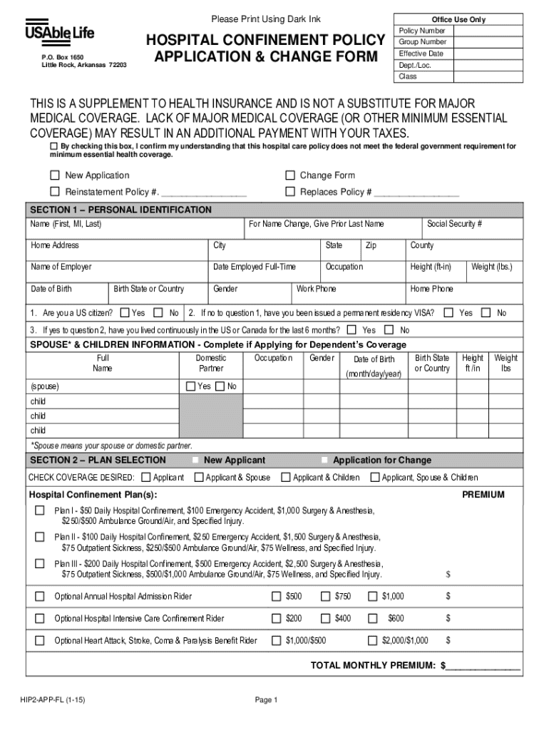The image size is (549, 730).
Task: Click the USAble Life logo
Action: click(x=60, y=34)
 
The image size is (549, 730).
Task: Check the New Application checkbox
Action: click(x=55, y=175)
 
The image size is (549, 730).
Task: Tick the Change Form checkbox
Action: click(x=290, y=175)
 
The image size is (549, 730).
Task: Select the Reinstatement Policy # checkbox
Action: click(x=55, y=192)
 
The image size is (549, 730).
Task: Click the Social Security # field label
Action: click(x=454, y=224)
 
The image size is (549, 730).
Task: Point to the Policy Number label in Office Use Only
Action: click(x=422, y=31)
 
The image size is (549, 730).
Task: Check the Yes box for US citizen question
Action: click(x=125, y=312)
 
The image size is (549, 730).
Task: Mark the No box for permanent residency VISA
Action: click(x=486, y=312)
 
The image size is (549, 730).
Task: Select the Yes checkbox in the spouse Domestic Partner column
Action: click(x=190, y=386)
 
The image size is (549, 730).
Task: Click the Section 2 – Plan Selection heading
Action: click(x=97, y=461)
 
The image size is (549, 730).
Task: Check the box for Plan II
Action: click(x=40, y=537)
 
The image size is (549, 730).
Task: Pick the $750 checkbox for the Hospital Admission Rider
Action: click(x=325, y=596)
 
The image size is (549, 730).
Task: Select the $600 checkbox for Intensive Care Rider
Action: click(x=372, y=618)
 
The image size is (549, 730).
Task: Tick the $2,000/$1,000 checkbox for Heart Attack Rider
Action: click(x=372, y=640)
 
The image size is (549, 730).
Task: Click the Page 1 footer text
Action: click(x=266, y=701)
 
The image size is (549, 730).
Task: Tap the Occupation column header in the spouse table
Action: click(x=273, y=359)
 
